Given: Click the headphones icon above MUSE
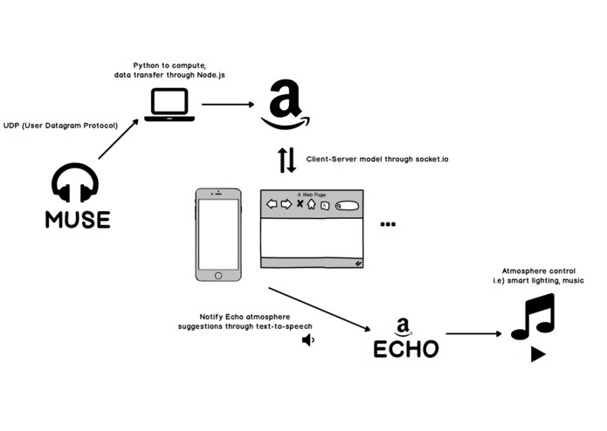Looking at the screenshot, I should pyautogui.click(x=75, y=182).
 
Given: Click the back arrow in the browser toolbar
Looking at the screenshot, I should pyautogui.click(x=272, y=204).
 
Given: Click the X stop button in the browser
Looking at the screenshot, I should pyautogui.click(x=300, y=204).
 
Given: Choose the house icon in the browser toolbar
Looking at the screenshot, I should pyautogui.click(x=311, y=204).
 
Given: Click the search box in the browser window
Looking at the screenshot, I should pyautogui.click(x=347, y=206).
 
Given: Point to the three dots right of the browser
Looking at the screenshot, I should pyautogui.click(x=388, y=224).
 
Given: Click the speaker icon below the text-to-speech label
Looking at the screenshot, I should pyautogui.click(x=307, y=339).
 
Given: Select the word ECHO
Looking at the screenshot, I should pyautogui.click(x=405, y=349).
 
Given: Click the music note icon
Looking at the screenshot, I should pyautogui.click(x=533, y=317).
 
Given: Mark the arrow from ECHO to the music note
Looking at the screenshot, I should pyautogui.click(x=475, y=333).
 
